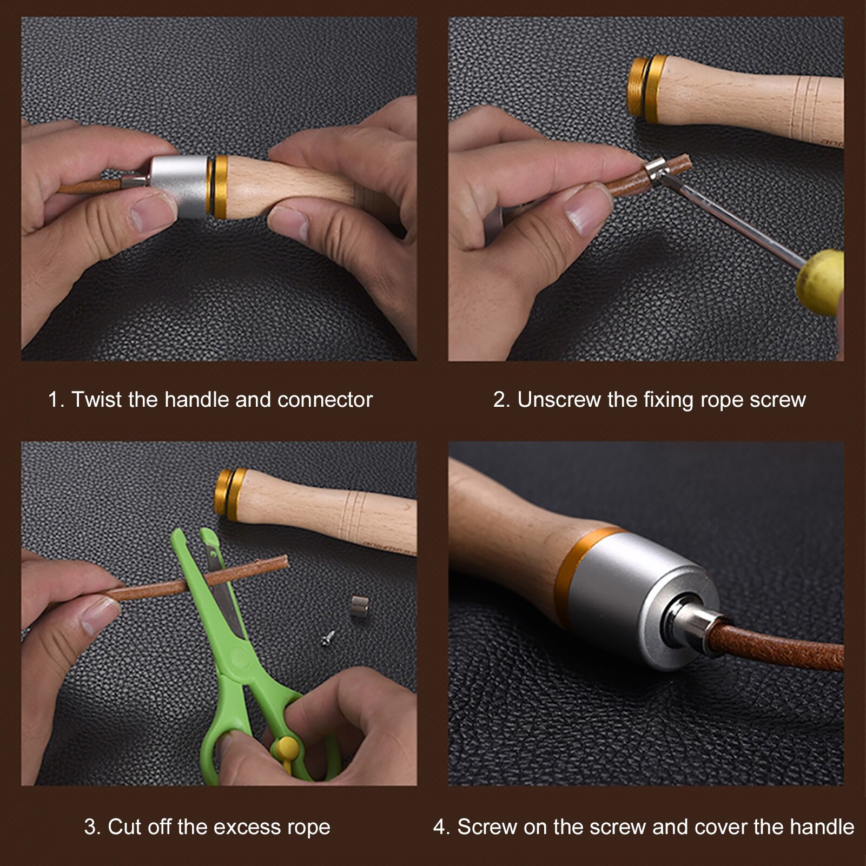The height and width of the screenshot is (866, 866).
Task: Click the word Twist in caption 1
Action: pyautogui.click(x=98, y=400)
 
